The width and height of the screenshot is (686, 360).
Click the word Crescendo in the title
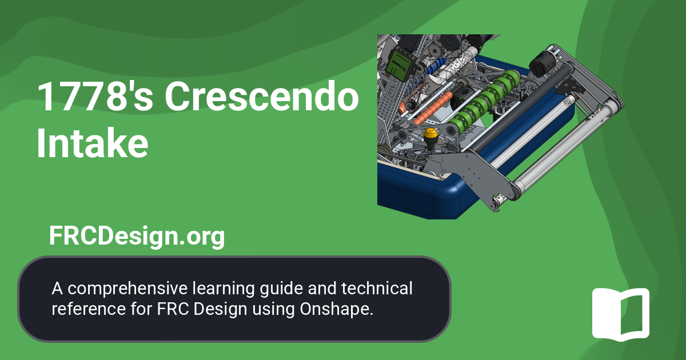(x=262, y=97)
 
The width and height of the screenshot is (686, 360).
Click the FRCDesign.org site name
(x=137, y=236)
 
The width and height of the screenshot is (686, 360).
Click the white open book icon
(x=620, y=314)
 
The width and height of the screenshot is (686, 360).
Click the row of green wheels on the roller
(x=483, y=103)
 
